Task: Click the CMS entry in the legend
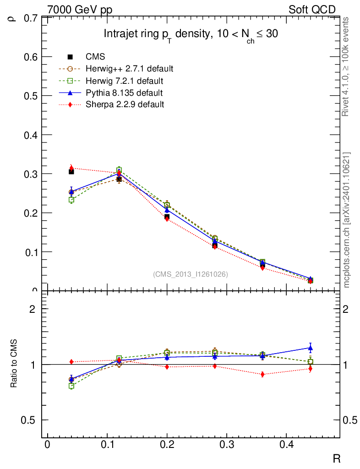tap(95, 57)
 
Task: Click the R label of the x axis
tap(336, 458)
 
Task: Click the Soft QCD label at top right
tap(312, 10)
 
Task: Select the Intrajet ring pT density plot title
tap(191, 35)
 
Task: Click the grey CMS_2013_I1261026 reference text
tap(191, 274)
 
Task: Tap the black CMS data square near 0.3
tap(71, 171)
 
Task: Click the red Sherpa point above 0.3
tap(71, 168)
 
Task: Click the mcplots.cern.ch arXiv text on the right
tap(347, 220)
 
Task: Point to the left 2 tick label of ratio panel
tap(32, 309)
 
